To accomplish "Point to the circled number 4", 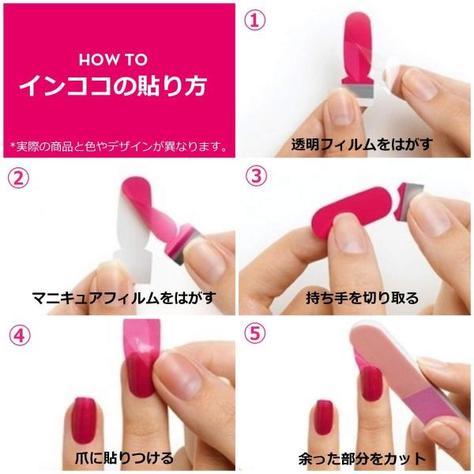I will (x=18, y=335).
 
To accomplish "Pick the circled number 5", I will (x=254, y=335).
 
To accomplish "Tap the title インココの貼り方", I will (x=118, y=85).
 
